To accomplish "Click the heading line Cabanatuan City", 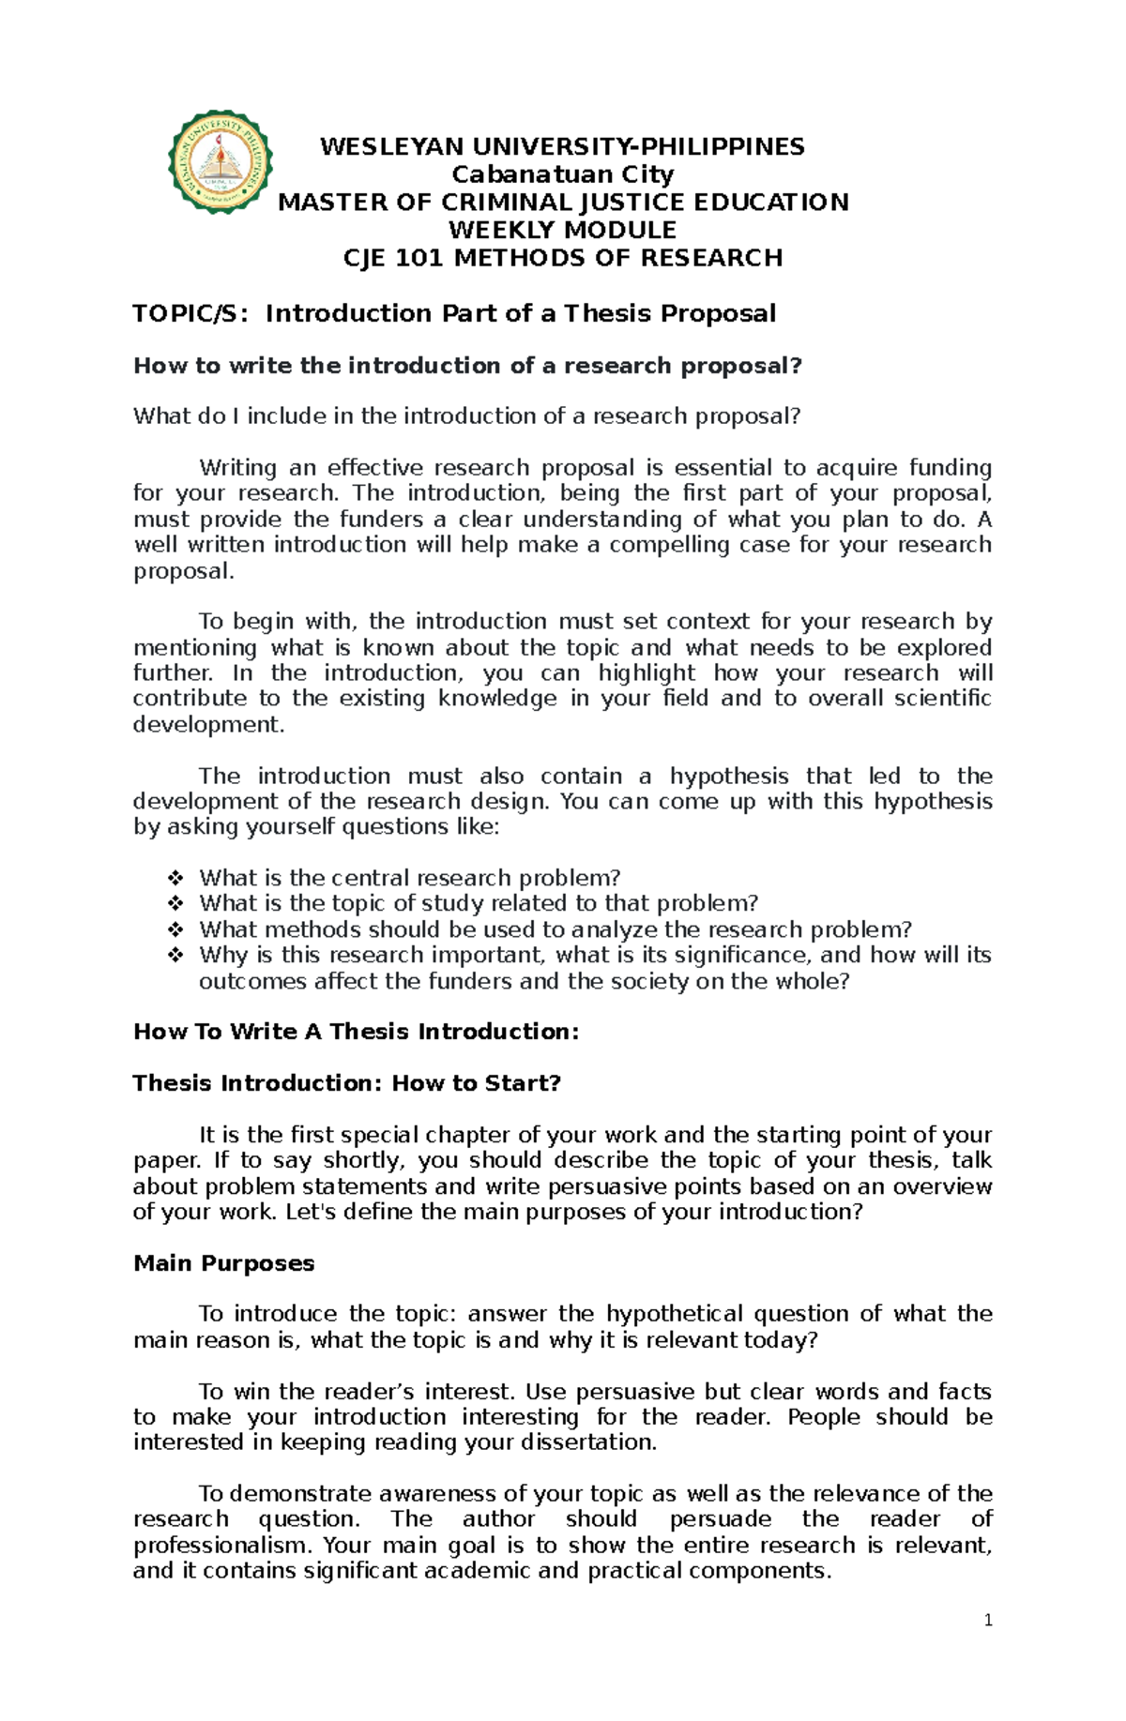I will [x=563, y=174].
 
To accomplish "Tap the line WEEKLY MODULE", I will [x=563, y=230].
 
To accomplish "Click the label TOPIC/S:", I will [x=191, y=313].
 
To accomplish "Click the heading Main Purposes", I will [x=224, y=1263].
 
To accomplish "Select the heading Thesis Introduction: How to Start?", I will [x=347, y=1083].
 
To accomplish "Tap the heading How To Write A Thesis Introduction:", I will [x=357, y=1032].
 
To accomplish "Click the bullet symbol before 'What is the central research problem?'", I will [x=175, y=879].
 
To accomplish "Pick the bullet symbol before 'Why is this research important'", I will [x=175, y=956].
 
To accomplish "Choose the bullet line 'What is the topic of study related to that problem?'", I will [x=478, y=904].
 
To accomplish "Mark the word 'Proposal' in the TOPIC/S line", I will [x=719, y=313].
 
